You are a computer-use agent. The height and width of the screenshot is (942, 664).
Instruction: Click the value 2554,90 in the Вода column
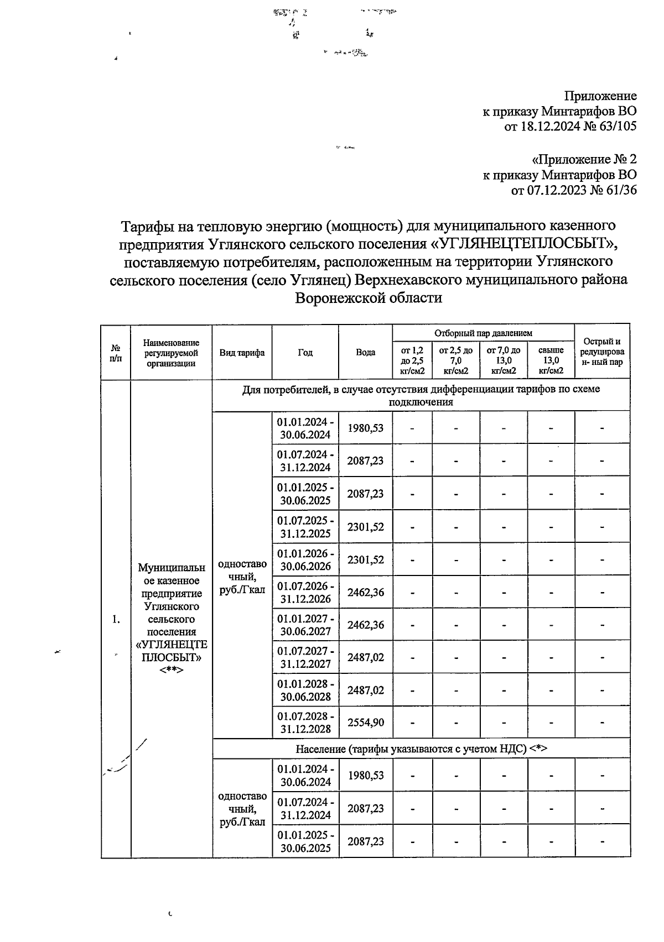tap(365, 722)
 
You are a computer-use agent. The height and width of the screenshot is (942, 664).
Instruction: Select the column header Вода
tap(365, 352)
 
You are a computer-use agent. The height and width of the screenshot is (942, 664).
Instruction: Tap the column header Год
tap(305, 352)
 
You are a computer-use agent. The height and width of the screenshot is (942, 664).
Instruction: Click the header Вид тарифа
tap(242, 353)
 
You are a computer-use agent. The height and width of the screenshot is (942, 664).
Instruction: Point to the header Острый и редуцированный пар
tap(602, 352)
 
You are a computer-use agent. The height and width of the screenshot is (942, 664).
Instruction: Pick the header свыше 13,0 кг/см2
tap(551, 360)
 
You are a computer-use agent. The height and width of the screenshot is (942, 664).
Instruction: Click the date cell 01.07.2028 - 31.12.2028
tap(305, 722)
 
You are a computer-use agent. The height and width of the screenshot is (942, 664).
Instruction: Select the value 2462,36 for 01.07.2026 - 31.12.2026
tap(365, 592)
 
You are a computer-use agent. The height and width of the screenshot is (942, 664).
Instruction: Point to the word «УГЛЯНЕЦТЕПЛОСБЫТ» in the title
tap(523, 243)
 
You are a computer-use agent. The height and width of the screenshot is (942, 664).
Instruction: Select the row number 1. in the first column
tap(116, 619)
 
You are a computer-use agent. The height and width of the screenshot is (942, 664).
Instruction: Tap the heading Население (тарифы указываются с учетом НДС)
tap(421, 749)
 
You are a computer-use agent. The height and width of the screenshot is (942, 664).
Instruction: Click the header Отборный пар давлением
tap(483, 333)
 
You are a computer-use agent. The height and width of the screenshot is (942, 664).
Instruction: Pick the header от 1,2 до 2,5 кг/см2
tap(412, 360)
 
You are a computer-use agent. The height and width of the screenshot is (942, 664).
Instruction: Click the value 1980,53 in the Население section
tap(365, 775)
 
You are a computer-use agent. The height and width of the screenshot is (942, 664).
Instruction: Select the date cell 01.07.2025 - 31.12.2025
tap(305, 527)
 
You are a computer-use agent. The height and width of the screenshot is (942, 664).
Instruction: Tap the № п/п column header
tap(116, 353)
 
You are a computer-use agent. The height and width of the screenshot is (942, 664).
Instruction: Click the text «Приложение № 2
tap(583, 160)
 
